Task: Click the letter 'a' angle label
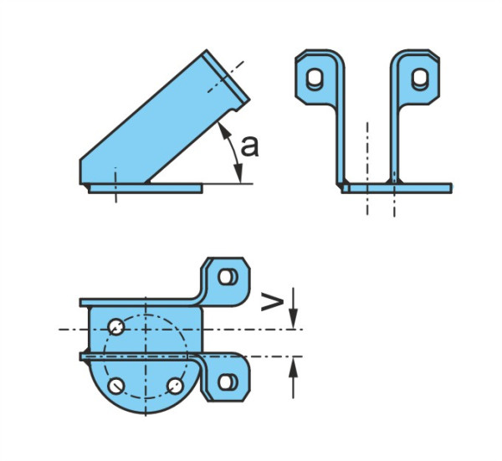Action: pos(249,146)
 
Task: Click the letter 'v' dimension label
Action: pos(272,301)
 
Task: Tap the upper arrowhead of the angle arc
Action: pos(223,131)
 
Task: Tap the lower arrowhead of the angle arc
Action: pos(238,174)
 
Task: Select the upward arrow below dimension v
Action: pos(294,378)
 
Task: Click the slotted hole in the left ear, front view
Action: pos(315,79)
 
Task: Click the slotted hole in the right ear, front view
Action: pos(420,79)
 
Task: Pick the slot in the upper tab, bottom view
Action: pos(228,277)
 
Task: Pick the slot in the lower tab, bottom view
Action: pos(228,382)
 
